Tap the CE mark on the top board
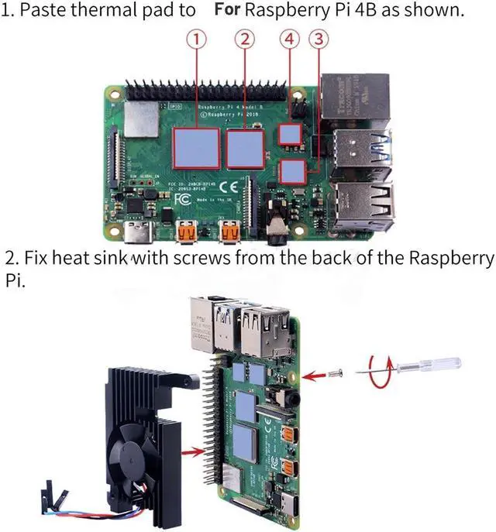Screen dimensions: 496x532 [228, 187]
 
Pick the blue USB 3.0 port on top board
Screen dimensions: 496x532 [364, 147]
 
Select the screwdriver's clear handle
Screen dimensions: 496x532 [443, 361]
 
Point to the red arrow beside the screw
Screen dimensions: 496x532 [312, 376]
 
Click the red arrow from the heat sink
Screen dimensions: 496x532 [194, 447]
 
